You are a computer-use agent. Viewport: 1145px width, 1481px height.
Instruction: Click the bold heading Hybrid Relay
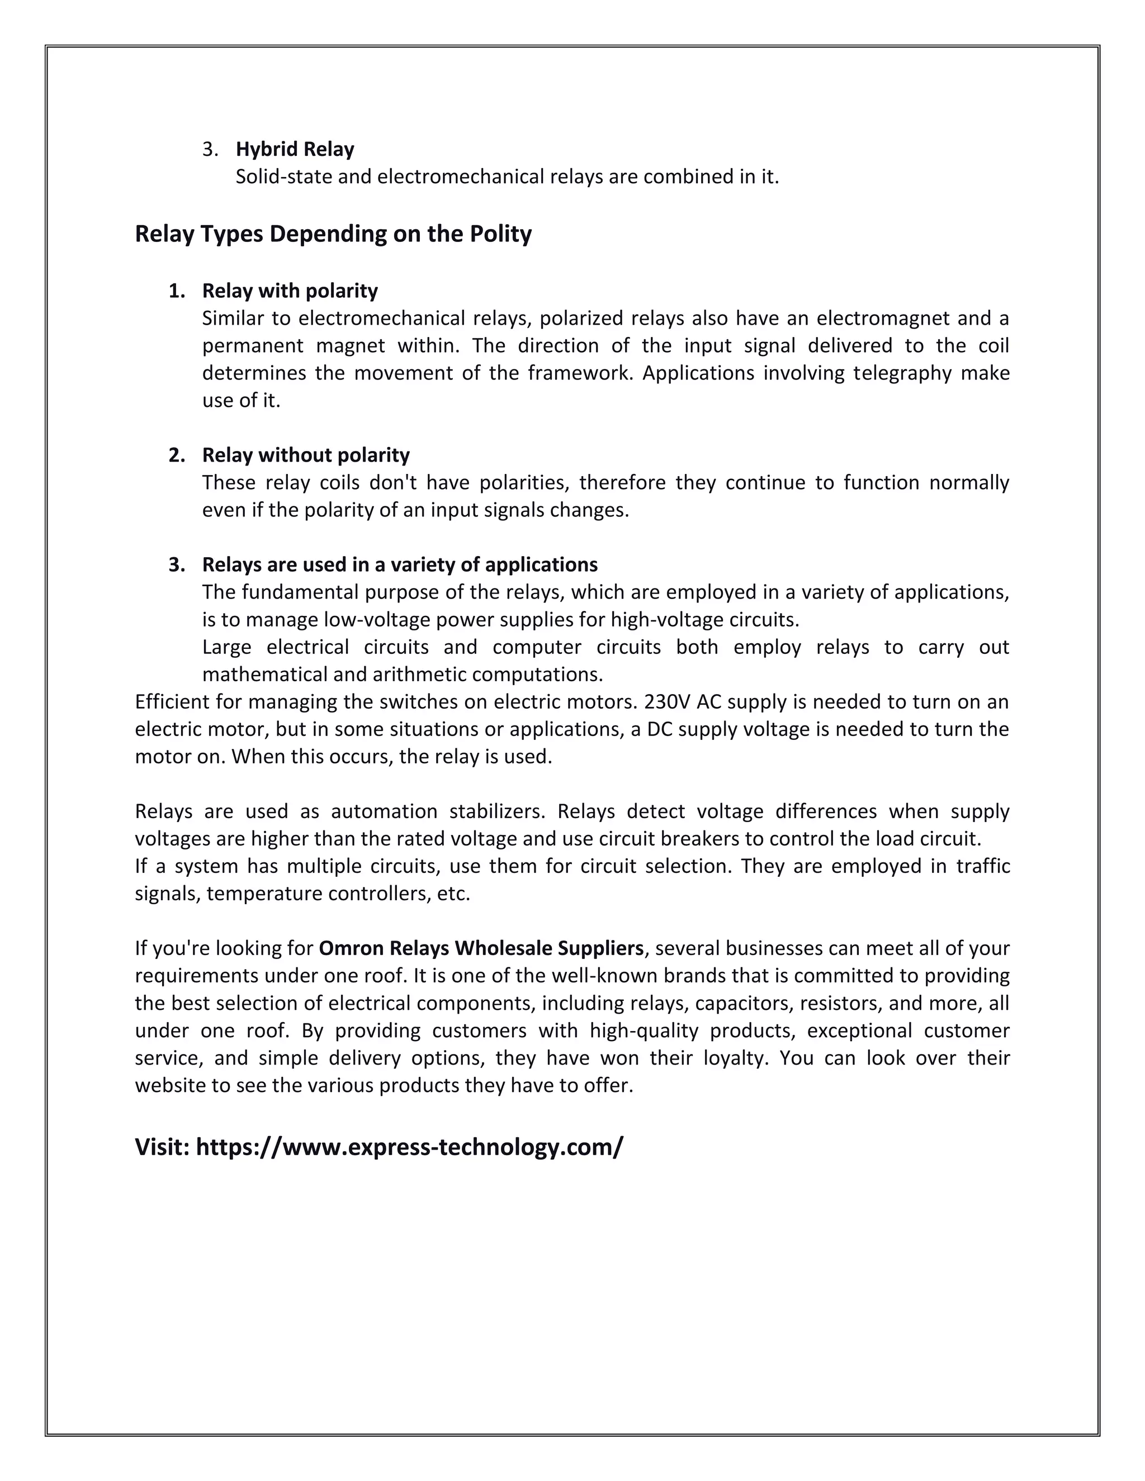295,149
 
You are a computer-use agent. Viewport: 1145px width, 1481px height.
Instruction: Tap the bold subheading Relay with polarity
290,291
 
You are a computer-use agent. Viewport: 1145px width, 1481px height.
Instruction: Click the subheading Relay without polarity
305,455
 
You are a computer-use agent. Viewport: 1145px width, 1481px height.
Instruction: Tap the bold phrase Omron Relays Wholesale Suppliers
480,948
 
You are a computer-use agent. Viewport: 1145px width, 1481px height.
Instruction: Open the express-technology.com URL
409,1147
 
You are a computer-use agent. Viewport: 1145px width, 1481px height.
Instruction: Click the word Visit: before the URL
162,1147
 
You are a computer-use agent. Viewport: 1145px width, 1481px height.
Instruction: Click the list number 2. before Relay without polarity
176,455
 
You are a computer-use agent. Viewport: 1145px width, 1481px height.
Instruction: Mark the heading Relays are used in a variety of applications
400,565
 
